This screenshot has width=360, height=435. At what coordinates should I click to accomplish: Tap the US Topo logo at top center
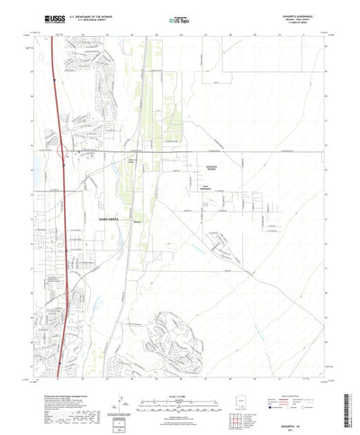point(179,18)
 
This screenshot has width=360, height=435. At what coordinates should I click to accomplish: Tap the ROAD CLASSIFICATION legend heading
point(293,370)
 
